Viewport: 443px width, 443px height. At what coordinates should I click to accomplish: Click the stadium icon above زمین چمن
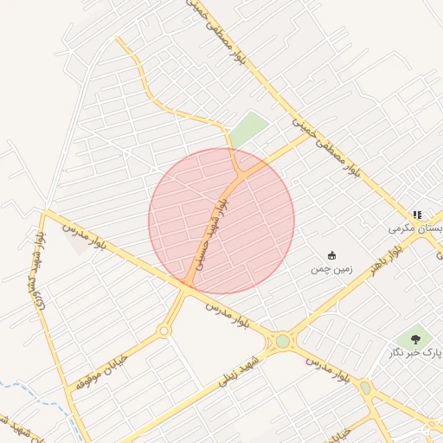(331, 255)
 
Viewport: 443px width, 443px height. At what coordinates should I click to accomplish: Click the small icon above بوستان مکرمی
(417, 215)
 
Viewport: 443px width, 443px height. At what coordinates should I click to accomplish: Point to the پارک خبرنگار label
(414, 352)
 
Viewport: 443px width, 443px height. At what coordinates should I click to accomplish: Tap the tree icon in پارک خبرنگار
(415, 339)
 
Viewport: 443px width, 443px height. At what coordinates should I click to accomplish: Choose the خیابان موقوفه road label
(101, 370)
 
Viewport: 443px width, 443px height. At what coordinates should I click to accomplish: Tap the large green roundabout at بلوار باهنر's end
(283, 341)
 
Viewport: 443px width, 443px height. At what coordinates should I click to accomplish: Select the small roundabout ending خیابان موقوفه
(164, 331)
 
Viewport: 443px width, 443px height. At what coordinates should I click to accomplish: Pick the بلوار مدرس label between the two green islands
(326, 369)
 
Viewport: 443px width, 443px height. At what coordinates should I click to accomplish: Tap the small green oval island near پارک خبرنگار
(365, 388)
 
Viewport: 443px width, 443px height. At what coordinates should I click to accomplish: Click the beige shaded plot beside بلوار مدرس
(80, 243)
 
